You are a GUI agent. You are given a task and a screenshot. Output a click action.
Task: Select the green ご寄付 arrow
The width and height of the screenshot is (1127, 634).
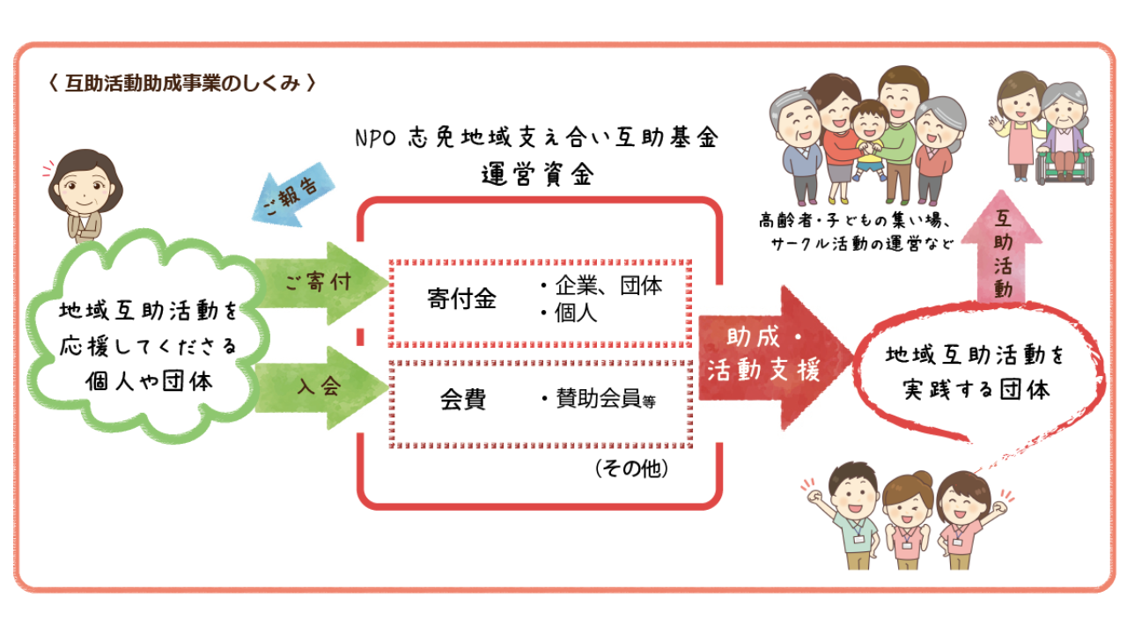(x=321, y=283)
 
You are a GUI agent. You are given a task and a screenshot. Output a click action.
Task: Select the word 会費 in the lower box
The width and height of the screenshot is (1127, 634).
(x=463, y=400)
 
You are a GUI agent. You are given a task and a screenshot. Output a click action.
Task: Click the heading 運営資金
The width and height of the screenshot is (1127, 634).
(x=538, y=173)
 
